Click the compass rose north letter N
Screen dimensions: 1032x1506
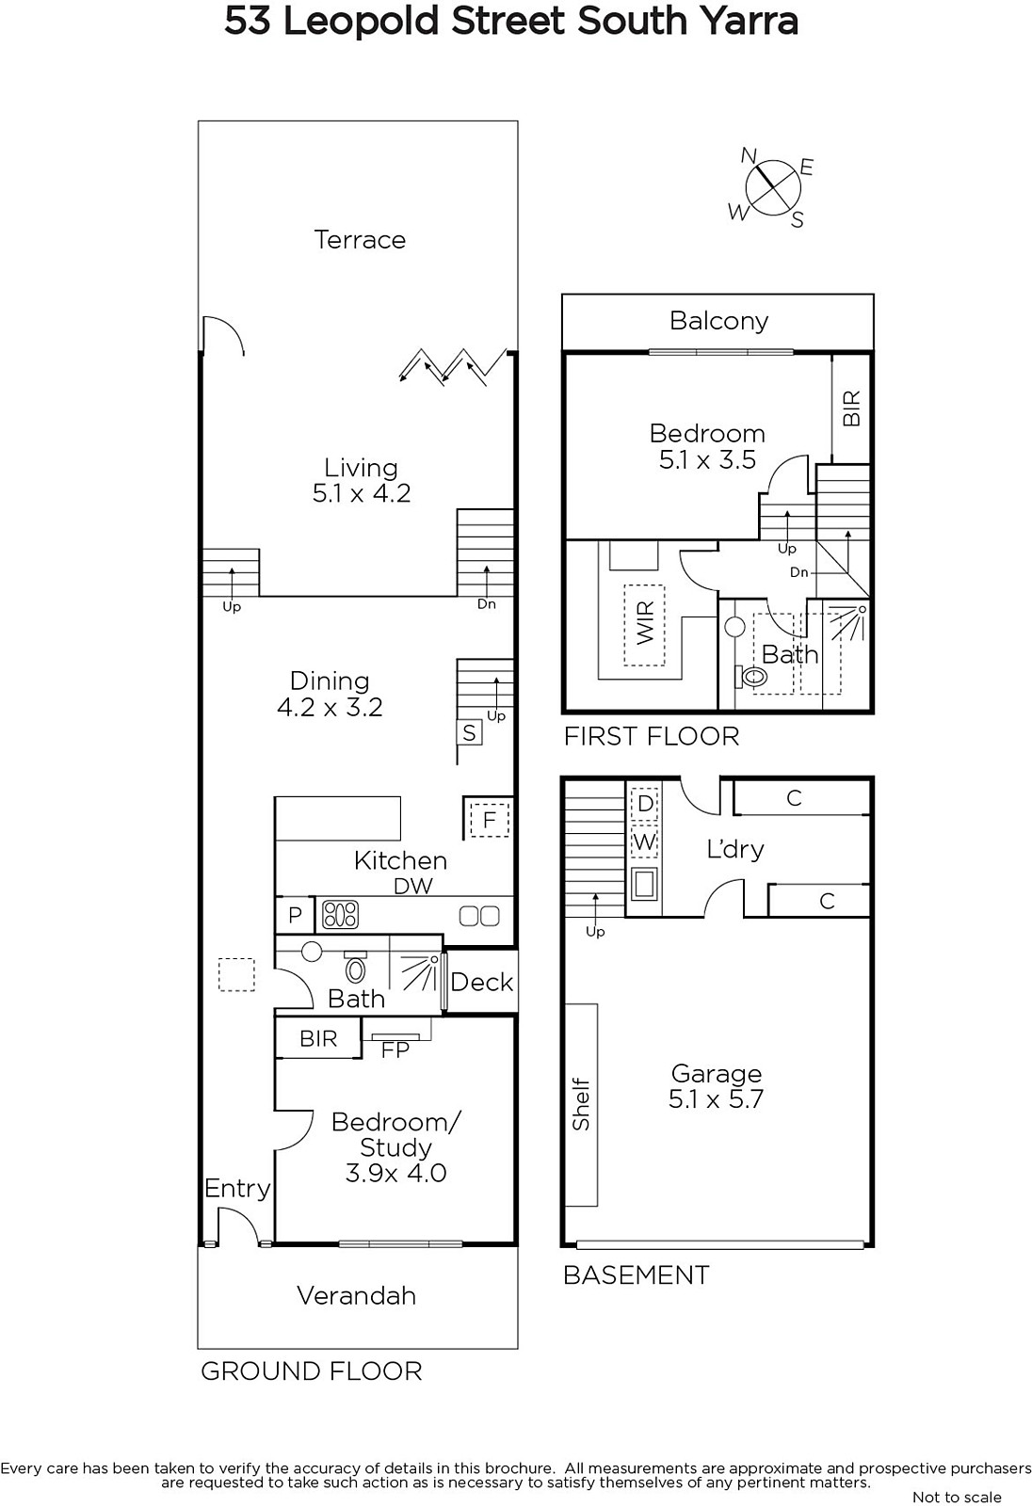[x=749, y=156]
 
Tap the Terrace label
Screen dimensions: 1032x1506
[x=360, y=240]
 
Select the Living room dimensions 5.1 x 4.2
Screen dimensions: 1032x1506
[x=362, y=493]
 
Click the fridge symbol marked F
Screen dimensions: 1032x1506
[x=489, y=820]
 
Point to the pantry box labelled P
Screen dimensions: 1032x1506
[x=295, y=915]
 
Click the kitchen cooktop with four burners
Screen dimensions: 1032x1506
[x=341, y=914]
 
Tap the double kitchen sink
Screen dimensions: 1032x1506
[x=479, y=916]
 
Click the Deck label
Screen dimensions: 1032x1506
[x=482, y=983]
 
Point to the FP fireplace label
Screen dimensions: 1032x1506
[x=395, y=1050]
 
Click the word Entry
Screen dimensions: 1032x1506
[x=237, y=1190]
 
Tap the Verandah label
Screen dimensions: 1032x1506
[x=357, y=1295]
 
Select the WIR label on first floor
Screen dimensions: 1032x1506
[x=644, y=622]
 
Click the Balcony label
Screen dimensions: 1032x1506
[x=718, y=321]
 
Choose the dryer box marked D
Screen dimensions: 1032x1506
[x=644, y=803]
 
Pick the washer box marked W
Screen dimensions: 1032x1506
[x=644, y=841]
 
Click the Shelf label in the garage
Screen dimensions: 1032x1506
[x=581, y=1105]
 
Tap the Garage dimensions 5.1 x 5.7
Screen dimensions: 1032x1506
[x=716, y=1099]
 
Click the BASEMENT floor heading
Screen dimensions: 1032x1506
[x=637, y=1275]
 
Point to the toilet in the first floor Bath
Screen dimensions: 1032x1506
[x=751, y=676]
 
